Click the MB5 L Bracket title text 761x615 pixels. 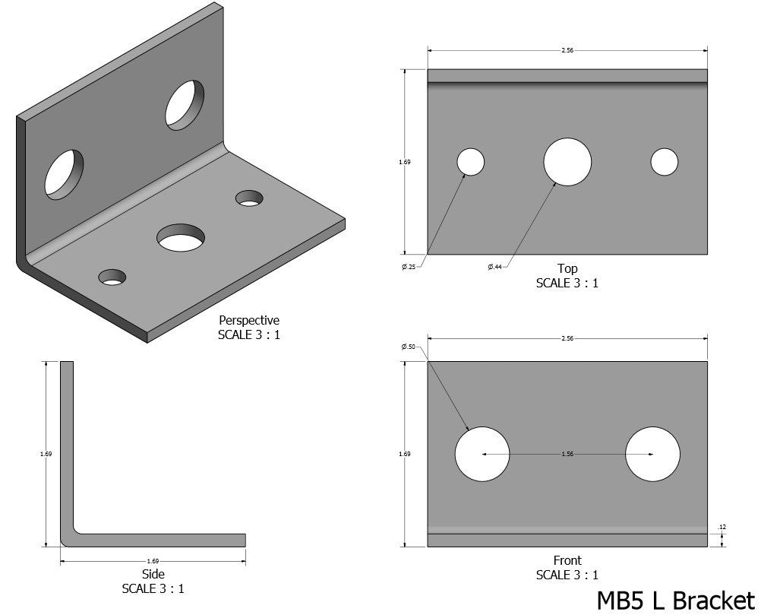[x=676, y=599]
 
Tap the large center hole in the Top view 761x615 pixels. [x=567, y=162]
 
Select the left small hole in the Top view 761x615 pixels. [x=470, y=162]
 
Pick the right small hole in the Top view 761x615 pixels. [x=665, y=162]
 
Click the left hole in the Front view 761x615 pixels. [x=482, y=454]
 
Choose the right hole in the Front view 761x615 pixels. [x=652, y=454]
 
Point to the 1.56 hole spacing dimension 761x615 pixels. [x=567, y=454]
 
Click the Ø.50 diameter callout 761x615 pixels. [x=409, y=347]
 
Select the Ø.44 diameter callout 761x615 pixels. [x=494, y=266]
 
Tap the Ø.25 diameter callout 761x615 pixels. [x=409, y=266]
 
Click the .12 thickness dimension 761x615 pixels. [x=721, y=527]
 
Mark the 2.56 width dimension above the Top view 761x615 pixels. [x=567, y=50]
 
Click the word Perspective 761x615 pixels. [x=249, y=320]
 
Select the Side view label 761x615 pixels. [x=153, y=574]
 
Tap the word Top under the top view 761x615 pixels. [x=567, y=268]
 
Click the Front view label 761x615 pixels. [x=567, y=561]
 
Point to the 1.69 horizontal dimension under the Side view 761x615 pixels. [x=153, y=561]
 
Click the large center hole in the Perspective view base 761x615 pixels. [x=181, y=237]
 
